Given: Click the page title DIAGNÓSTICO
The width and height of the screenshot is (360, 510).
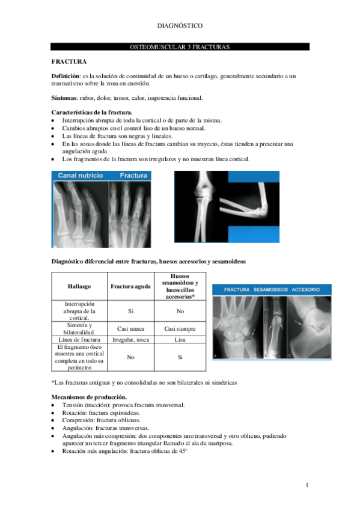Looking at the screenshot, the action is click(x=180, y=26).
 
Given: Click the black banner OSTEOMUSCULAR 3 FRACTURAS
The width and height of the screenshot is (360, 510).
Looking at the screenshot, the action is click(x=180, y=47).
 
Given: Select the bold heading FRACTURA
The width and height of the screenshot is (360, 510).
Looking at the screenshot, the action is click(x=69, y=62).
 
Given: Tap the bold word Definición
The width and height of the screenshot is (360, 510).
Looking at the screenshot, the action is click(x=65, y=77).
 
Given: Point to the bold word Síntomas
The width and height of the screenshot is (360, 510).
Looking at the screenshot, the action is click(x=64, y=98).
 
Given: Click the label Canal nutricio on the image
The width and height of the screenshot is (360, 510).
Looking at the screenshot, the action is click(x=80, y=176).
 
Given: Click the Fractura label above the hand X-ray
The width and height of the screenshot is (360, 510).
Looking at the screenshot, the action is click(x=133, y=176).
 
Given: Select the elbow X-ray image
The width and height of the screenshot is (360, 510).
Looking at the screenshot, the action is click(x=227, y=207).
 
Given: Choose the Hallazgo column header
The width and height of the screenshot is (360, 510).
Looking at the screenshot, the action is click(x=79, y=287).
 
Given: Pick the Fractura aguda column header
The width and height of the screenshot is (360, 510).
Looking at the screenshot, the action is click(x=131, y=287).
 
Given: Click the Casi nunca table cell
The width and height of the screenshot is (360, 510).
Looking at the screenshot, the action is click(x=131, y=329).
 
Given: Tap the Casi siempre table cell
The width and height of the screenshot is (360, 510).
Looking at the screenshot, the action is click(x=180, y=329).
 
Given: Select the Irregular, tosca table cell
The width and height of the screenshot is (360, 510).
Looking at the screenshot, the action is click(x=131, y=340).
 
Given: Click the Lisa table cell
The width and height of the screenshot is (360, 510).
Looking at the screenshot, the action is click(x=180, y=340).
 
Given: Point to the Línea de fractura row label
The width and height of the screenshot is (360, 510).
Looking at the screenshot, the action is click(x=79, y=340).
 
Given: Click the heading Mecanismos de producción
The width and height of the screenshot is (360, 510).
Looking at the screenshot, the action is click(x=89, y=397).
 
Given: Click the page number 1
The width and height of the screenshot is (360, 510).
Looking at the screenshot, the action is click(x=307, y=485).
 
